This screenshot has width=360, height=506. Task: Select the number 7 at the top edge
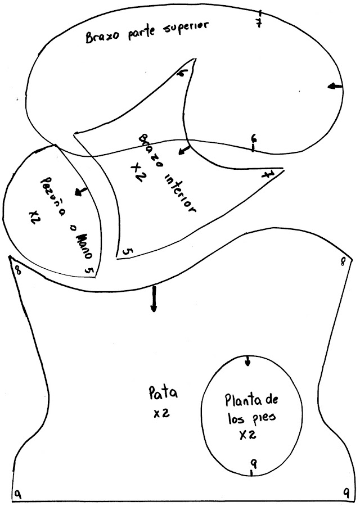[x=259, y=24]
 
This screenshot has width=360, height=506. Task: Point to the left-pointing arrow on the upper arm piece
[x=335, y=86]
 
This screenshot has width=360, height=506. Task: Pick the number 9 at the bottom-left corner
[x=19, y=494]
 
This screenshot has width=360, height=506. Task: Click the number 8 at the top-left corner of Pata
[x=19, y=269]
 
